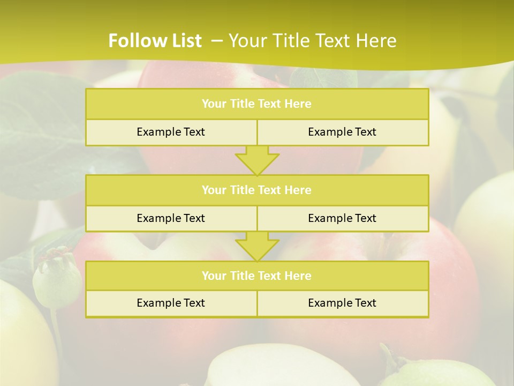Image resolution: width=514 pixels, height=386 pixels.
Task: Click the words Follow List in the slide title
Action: (155, 41)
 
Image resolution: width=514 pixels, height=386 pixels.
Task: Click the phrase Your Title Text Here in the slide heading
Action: (312, 41)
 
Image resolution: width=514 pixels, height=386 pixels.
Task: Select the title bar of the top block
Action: (257, 104)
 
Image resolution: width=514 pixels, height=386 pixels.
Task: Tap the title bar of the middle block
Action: (257, 190)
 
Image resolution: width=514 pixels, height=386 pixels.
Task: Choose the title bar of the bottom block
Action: (257, 276)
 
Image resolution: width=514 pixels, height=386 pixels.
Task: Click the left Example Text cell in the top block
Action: (171, 132)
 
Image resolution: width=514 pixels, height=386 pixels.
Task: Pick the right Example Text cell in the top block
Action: (342, 132)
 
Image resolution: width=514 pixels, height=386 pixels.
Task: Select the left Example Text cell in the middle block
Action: (171, 218)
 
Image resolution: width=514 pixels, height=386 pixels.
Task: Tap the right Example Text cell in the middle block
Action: (342, 218)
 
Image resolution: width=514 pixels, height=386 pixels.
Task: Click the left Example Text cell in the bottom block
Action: (171, 303)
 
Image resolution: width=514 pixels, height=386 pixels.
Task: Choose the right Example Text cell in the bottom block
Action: (342, 303)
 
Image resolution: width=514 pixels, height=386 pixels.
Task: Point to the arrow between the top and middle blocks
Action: (257, 160)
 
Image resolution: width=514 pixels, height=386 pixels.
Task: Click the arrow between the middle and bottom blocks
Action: (257, 246)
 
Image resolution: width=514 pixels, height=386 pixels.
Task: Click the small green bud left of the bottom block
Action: (55, 279)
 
